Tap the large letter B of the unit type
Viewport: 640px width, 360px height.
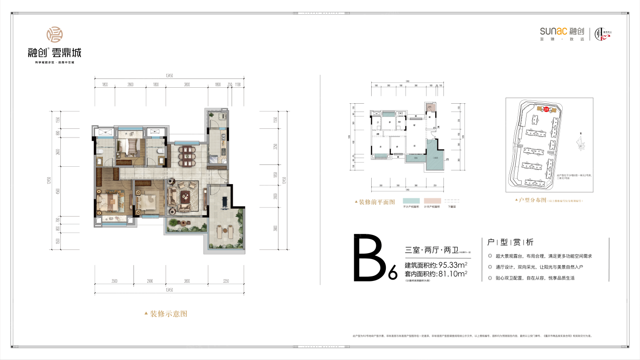(x=370, y=258)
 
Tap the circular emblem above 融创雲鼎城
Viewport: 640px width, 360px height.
(x=54, y=35)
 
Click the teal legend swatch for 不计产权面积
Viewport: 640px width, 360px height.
(x=411, y=201)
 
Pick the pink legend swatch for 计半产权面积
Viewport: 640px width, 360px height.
(x=432, y=201)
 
